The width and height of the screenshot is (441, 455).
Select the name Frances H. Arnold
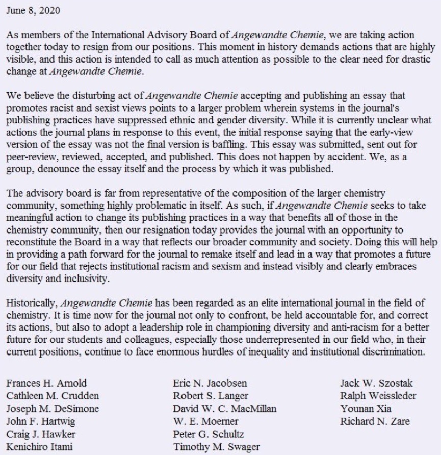pos(39,384)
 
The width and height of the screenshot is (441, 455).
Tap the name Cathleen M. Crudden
pos(46,396)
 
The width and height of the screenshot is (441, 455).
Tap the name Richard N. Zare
pos(369,421)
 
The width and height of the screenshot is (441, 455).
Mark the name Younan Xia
pos(359,409)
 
